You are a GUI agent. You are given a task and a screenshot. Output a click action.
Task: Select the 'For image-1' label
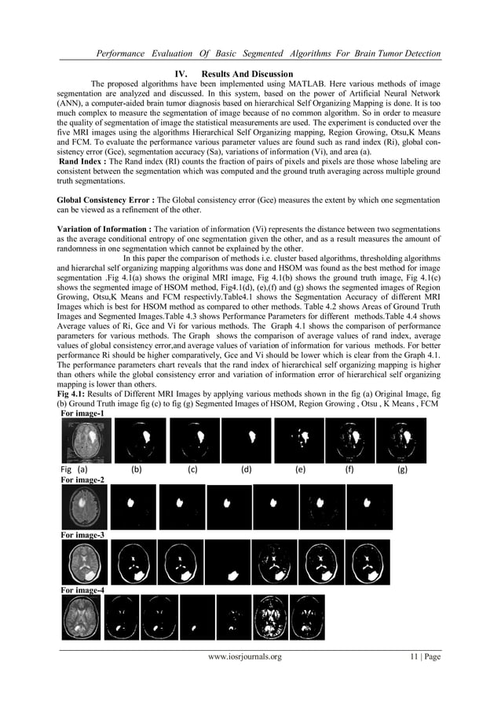pyautogui.click(x=83, y=413)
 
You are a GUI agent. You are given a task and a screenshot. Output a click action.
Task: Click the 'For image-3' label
pyautogui.click(x=83, y=535)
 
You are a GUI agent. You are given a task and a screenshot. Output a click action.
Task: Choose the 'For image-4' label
pyautogui.click(x=83, y=590)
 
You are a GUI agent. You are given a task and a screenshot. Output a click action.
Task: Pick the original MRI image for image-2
pyautogui.click(x=85, y=507)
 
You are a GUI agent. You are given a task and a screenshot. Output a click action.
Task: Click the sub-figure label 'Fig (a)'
pyautogui.click(x=74, y=470)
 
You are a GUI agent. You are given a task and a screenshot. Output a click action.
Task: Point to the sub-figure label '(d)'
pyautogui.click(x=246, y=470)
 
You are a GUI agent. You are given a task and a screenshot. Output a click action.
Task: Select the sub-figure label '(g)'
pyautogui.click(x=402, y=470)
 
